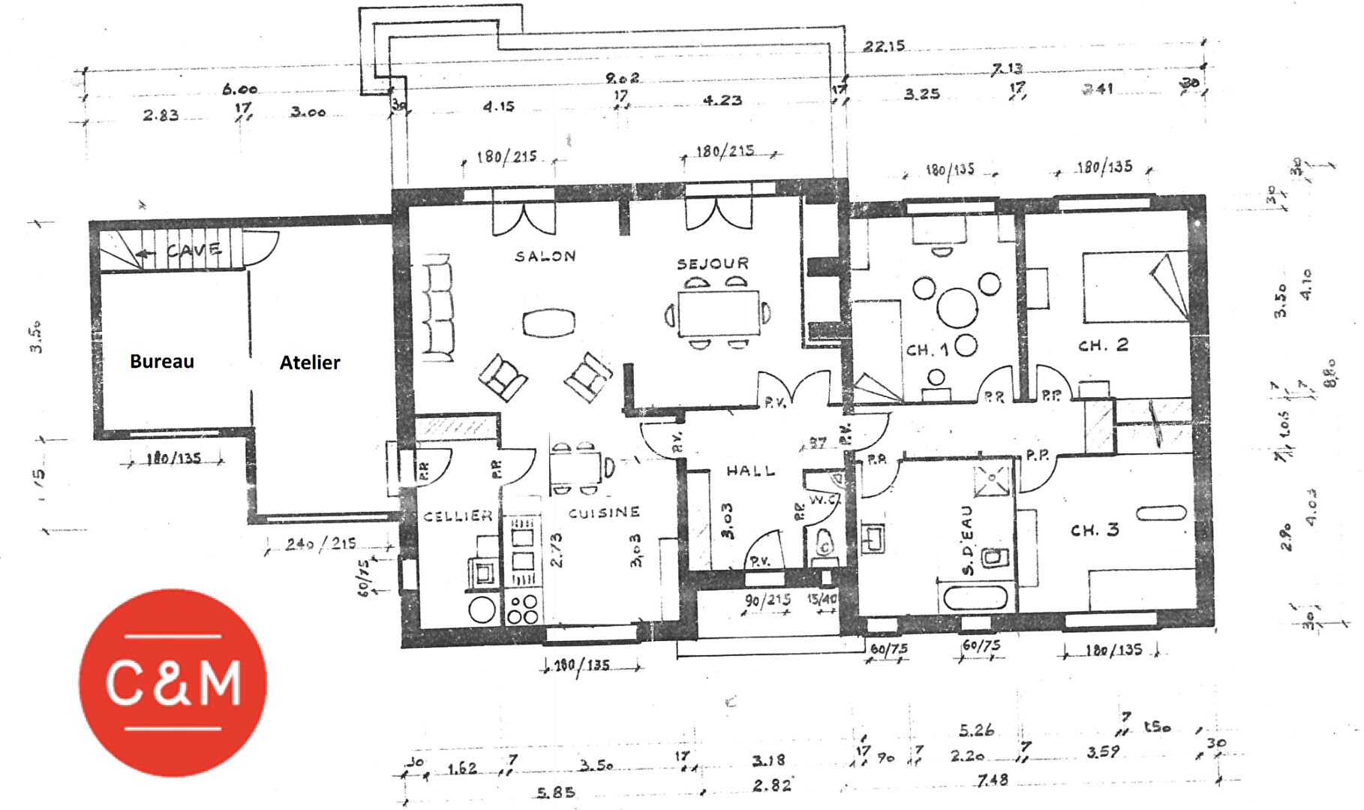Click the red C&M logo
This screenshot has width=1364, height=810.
pyautogui.click(x=173, y=682)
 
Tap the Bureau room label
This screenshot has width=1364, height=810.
pyautogui.click(x=162, y=362)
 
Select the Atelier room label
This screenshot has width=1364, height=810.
pyautogui.click(x=310, y=363)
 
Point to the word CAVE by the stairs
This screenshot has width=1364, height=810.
pyautogui.click(x=194, y=250)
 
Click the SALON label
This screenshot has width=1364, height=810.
pyautogui.click(x=545, y=257)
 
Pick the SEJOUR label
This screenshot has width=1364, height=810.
pyautogui.click(x=713, y=263)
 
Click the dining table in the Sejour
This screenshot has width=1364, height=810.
pyautogui.click(x=718, y=312)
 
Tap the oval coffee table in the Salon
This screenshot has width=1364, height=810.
pyautogui.click(x=548, y=324)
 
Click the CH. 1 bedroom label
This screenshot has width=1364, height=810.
pyautogui.click(x=927, y=350)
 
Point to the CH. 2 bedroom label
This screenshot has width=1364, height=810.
pyautogui.click(x=1103, y=345)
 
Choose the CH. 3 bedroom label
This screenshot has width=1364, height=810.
pyautogui.click(x=1095, y=530)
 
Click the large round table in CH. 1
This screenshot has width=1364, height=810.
pyautogui.click(x=957, y=307)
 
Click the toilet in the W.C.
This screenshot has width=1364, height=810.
pyautogui.click(x=825, y=544)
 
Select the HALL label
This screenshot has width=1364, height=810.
pyautogui.click(x=750, y=471)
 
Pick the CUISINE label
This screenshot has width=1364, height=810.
pyautogui.click(x=604, y=513)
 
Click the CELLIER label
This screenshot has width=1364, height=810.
pyautogui.click(x=458, y=516)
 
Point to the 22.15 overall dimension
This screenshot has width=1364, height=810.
pyautogui.click(x=884, y=47)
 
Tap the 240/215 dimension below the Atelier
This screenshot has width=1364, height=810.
pyautogui.click(x=320, y=544)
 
